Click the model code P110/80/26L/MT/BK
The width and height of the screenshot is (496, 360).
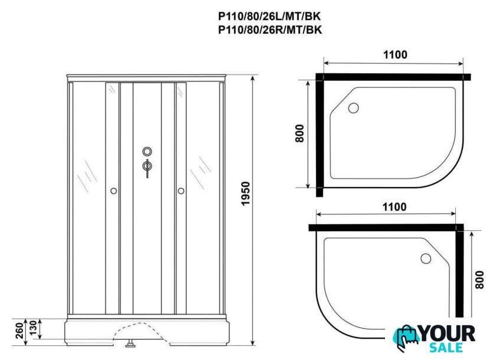[x=269, y=16]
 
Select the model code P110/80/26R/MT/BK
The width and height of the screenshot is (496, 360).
[x=270, y=30]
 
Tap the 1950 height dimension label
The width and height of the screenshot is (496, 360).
[x=246, y=194]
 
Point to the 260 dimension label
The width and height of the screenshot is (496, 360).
[x=19, y=330]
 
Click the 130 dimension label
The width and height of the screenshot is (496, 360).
[x=33, y=329]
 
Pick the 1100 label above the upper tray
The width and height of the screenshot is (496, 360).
[x=395, y=55]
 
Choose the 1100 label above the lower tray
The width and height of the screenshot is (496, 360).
[x=394, y=207]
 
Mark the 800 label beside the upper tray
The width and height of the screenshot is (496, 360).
[x=299, y=133]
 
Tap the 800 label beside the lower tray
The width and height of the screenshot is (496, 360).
[x=479, y=280]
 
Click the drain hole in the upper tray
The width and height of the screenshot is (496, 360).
[x=353, y=108]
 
